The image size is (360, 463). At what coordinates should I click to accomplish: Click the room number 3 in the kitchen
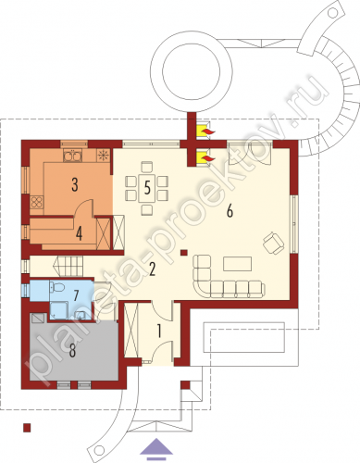(x=75, y=184)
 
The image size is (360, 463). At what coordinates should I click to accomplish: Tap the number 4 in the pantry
(x=79, y=233)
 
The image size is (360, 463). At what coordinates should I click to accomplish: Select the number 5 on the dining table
(x=147, y=187)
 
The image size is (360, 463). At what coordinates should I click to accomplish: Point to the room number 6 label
(x=230, y=211)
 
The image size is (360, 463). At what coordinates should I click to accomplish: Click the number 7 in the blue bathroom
(x=76, y=295)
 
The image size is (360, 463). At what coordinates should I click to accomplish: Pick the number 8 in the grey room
(x=72, y=350)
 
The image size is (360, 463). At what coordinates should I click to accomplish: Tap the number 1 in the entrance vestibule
(x=159, y=332)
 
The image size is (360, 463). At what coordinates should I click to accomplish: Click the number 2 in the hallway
(x=152, y=269)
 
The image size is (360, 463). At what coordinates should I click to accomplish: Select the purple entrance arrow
(x=156, y=446)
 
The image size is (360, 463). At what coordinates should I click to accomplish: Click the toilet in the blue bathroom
(x=56, y=287)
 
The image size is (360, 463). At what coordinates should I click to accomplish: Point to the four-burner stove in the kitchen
(x=37, y=202)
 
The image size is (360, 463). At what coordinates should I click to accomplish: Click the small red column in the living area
(x=184, y=253)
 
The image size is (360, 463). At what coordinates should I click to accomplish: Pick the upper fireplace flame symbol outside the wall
(x=205, y=131)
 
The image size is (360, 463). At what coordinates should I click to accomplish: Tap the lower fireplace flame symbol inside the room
(x=205, y=157)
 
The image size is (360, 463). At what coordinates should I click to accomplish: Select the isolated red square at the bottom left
(x=27, y=428)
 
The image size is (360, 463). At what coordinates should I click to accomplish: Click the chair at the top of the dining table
(x=147, y=167)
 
